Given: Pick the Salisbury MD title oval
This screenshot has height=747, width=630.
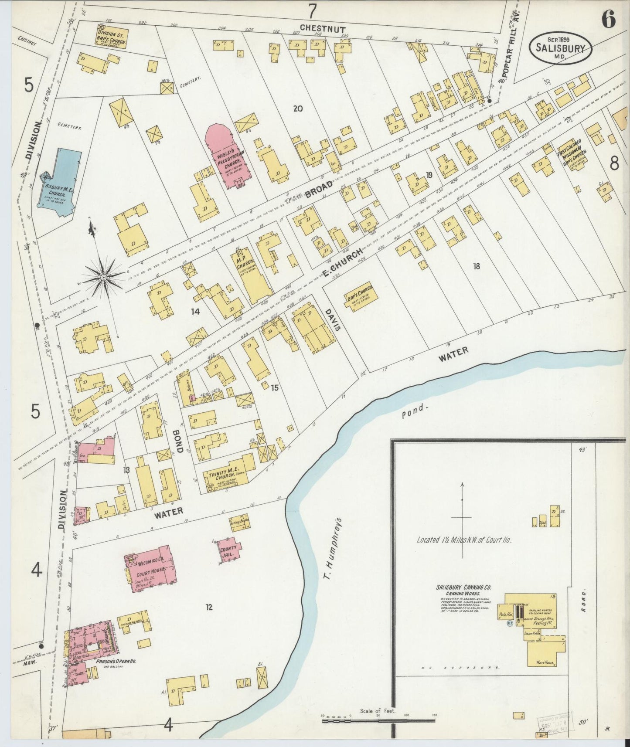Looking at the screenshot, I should (x=560, y=48).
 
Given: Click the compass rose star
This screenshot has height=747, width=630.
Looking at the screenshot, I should (x=104, y=277).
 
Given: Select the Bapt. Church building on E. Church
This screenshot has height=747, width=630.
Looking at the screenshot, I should (x=360, y=295).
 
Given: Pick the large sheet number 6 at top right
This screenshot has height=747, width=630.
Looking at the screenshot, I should (x=609, y=20).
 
